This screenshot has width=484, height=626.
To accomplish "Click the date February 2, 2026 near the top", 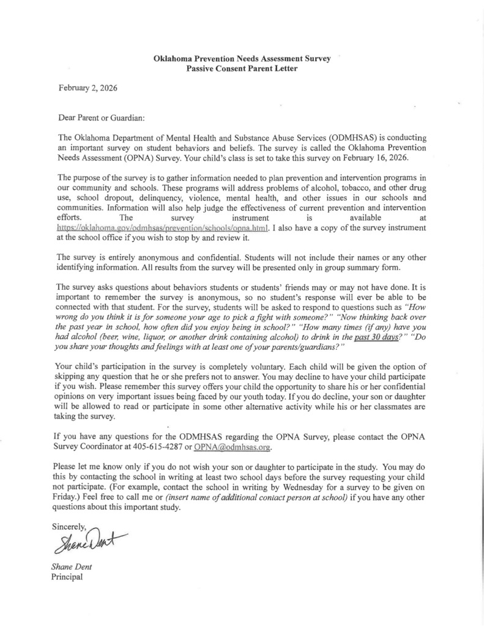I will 87,87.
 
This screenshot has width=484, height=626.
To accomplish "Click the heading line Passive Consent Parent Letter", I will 242,68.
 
